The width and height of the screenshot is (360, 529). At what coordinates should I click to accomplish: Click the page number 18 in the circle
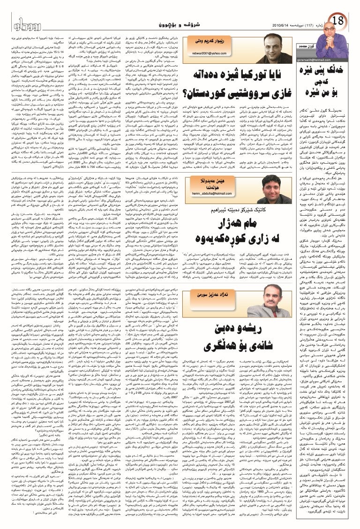[x=340, y=21]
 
